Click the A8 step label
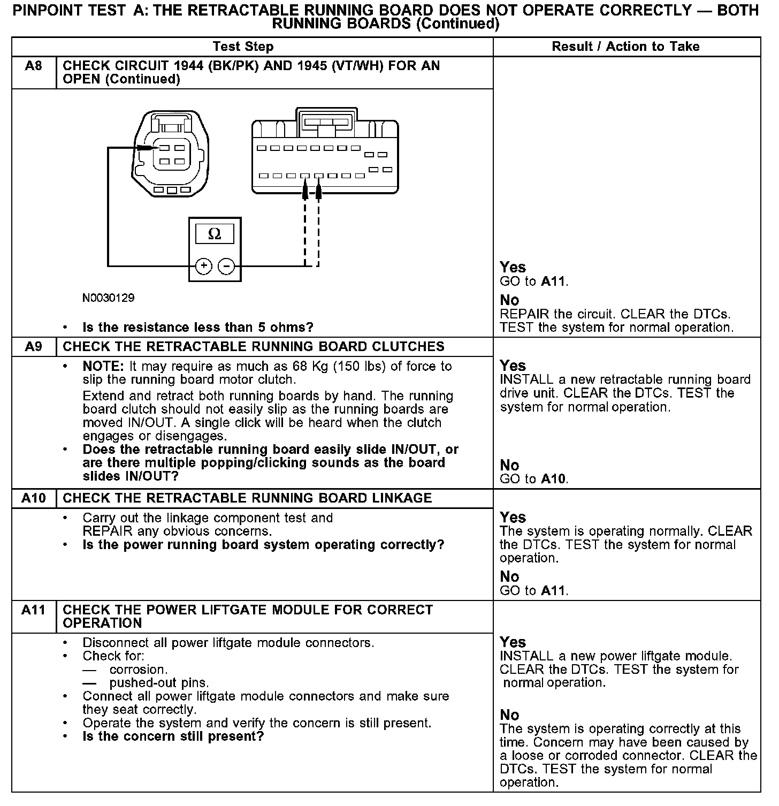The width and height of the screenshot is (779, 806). tap(33, 66)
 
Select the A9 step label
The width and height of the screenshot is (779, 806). tap(33, 347)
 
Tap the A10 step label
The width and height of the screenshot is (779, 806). tap(33, 498)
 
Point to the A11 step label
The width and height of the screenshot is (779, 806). tap(33, 610)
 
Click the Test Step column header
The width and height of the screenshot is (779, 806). tap(243, 47)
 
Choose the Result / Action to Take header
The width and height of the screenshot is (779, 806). tap(625, 47)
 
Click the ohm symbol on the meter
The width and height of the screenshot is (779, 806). tap(215, 234)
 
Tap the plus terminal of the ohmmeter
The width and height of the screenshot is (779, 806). tap(203, 266)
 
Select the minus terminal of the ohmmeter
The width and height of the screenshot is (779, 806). tap(227, 266)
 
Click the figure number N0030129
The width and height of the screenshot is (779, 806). tap(108, 298)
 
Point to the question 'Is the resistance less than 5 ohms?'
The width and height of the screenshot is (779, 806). tap(197, 328)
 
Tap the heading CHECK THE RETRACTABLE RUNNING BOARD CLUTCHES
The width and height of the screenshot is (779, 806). tap(253, 347)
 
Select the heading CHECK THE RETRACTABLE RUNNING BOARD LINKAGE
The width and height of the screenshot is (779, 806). tap(247, 498)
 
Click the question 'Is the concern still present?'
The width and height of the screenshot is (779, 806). tap(173, 736)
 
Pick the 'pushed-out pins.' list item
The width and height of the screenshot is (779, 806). tap(159, 683)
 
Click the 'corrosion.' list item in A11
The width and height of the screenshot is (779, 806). tap(139, 670)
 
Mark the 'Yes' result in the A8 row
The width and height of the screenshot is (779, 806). tap(513, 267)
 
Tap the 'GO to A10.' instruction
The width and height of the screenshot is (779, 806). tap(533, 479)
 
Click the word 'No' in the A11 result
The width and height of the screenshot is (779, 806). tap(509, 715)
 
